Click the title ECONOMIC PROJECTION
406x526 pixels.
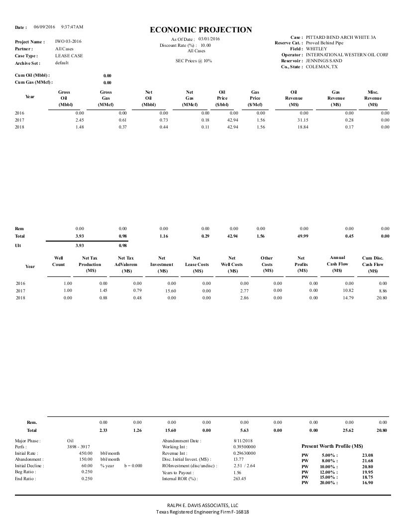201,30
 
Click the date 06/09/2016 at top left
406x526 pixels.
44,26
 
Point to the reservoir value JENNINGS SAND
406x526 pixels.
324,61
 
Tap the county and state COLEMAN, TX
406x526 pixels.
321,67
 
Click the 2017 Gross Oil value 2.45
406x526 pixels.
79,120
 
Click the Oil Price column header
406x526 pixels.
222,98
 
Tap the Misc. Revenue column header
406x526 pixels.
373,98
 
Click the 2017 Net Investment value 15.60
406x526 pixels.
169,290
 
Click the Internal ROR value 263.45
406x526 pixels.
240,479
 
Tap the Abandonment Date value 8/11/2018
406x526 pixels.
243,441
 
